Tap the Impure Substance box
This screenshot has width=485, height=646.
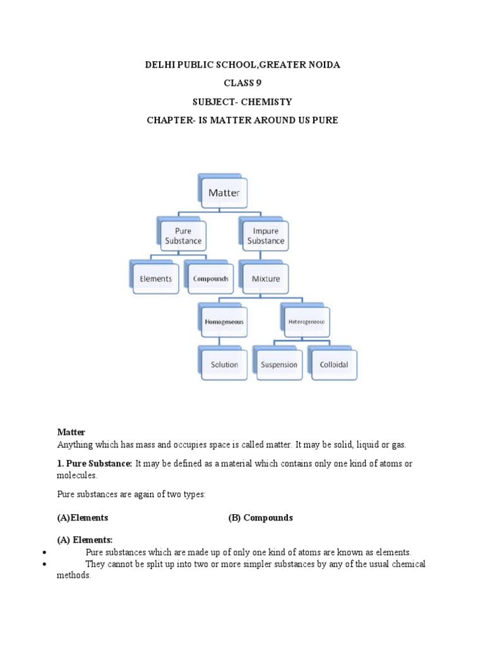(x=266, y=236)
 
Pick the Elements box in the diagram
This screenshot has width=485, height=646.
(x=156, y=278)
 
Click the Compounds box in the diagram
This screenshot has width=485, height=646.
(x=210, y=278)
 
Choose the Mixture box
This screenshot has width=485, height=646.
(x=266, y=278)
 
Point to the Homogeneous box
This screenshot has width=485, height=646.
(x=224, y=322)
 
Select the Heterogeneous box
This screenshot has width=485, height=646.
(x=306, y=321)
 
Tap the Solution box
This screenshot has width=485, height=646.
(x=224, y=364)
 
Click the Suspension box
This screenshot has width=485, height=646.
(x=279, y=364)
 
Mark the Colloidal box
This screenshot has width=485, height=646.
(x=333, y=364)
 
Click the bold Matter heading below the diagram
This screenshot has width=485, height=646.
(x=71, y=432)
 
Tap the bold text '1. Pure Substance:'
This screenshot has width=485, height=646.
(x=95, y=464)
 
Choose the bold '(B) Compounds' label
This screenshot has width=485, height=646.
(x=261, y=517)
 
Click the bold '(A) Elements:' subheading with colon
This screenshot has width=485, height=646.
(x=85, y=539)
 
